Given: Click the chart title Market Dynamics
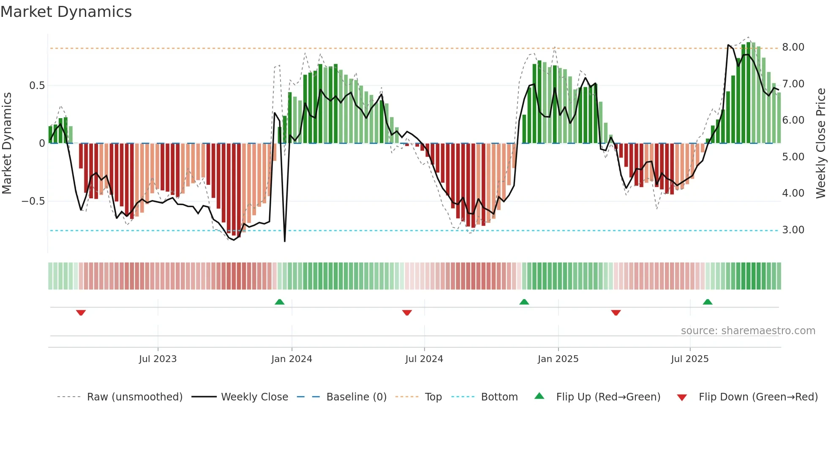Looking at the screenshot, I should coord(66,12).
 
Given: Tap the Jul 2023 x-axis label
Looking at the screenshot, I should coord(158,359).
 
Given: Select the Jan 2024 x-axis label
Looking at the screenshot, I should coord(291,359).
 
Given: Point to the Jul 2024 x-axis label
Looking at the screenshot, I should coord(424,359).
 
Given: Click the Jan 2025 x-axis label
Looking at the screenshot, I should coord(558,359).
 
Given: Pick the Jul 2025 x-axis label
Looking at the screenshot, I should coord(690,359).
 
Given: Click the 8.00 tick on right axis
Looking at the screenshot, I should coord(793,47).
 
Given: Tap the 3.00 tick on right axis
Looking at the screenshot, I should coord(793,230).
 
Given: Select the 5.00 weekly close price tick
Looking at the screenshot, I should coord(793,157).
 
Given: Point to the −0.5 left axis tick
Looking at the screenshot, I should coord(33,201).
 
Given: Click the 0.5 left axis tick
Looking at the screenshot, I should coord(37,86).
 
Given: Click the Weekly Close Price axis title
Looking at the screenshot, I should coord(820,143).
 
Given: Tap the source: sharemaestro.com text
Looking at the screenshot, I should coord(748,331).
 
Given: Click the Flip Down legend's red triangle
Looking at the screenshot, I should coord(682,397).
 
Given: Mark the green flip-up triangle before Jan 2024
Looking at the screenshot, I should coord(279,302).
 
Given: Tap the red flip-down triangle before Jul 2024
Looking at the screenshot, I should coord(407,313).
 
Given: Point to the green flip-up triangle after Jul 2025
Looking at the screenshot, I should coord(708,302).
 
